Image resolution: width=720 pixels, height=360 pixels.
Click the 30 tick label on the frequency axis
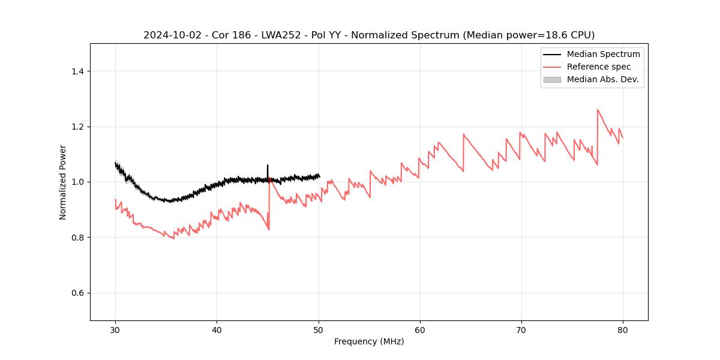tap(115, 329)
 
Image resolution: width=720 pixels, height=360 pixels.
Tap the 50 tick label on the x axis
tap(319, 329)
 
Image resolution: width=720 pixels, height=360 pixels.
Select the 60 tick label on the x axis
tap(420, 329)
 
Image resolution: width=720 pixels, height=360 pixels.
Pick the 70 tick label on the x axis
tap(521, 329)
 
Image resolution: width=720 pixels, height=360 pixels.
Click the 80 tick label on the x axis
tap(623, 329)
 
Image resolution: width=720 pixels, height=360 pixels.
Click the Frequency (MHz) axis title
tap(369, 341)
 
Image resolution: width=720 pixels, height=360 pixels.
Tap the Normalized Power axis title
tap(63, 182)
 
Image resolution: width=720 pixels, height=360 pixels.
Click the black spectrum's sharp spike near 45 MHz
tap(268, 165)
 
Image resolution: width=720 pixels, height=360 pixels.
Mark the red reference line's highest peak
tap(598, 110)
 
